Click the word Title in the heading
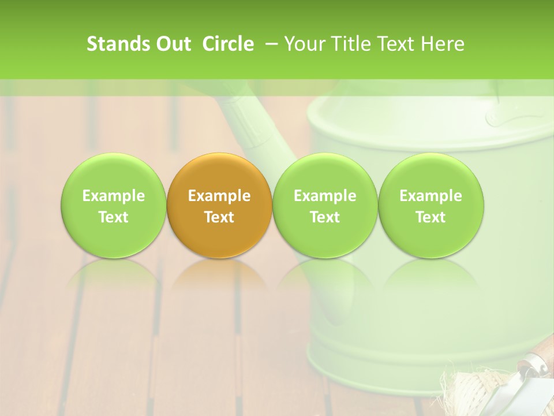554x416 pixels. pyautogui.click(x=350, y=44)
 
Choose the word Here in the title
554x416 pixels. pyautogui.click(x=443, y=44)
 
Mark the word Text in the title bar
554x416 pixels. pyautogui.click(x=396, y=44)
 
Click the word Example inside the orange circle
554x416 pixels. pyautogui.click(x=219, y=196)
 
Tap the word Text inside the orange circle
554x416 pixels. pyautogui.click(x=219, y=217)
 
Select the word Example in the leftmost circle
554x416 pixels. pyautogui.click(x=113, y=196)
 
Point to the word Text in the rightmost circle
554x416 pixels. pyautogui.click(x=431, y=217)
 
